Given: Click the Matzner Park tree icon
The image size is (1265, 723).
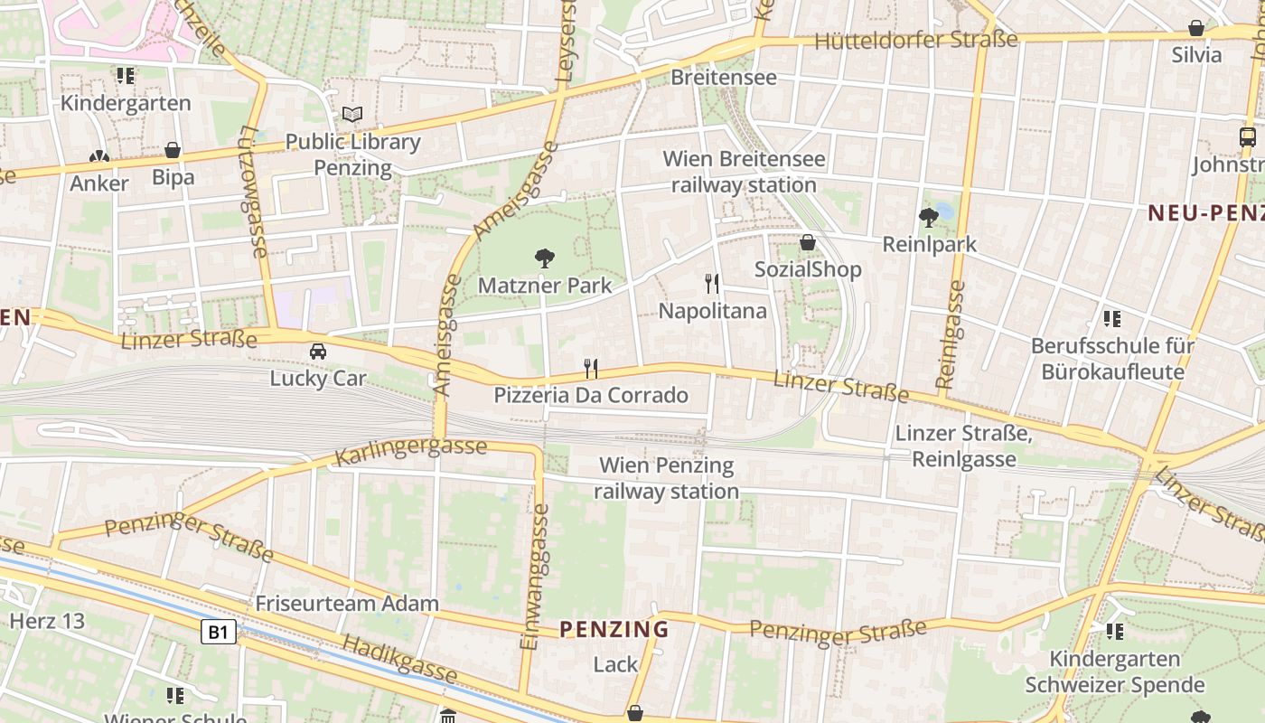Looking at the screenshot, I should [x=544, y=258].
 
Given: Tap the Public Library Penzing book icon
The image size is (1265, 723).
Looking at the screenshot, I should [x=352, y=115].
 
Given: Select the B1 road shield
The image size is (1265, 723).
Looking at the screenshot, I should [x=218, y=632].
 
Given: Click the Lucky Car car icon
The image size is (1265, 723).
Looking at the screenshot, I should [x=318, y=352].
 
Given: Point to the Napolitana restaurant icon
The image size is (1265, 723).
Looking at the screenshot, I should [x=712, y=284].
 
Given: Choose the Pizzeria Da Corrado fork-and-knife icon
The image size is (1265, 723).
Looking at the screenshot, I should [x=591, y=368].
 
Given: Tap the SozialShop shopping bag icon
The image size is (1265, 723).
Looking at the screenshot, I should [x=808, y=242].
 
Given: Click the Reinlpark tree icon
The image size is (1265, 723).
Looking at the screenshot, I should [x=928, y=217].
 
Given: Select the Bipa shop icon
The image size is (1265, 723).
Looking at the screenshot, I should [x=173, y=150].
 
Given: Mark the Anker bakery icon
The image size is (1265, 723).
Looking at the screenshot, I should [x=99, y=156].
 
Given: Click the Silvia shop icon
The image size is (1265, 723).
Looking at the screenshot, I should [x=1196, y=28].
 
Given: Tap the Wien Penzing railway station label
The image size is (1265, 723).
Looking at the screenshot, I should [x=667, y=479].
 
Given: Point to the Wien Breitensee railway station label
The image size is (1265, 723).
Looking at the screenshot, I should [x=744, y=172].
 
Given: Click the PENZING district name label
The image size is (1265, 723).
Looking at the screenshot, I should [x=614, y=629].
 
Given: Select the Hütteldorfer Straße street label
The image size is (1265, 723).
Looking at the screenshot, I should [x=915, y=40].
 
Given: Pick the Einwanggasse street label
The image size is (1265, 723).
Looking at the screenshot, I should [x=535, y=577].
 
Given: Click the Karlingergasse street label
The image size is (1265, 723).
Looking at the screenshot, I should [x=411, y=452].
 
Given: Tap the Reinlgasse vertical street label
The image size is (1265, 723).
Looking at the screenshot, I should [x=952, y=334].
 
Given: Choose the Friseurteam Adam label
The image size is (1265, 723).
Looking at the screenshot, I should [x=347, y=603].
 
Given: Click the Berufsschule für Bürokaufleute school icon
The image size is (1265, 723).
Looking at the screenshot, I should [x=1111, y=318].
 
